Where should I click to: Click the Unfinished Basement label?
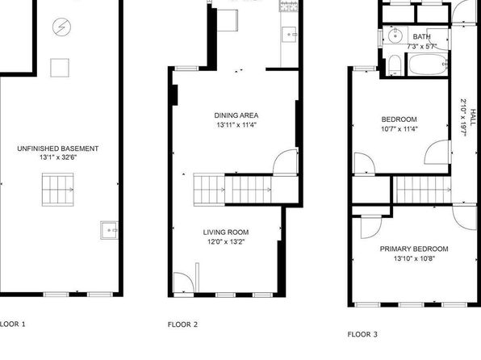[57, 149]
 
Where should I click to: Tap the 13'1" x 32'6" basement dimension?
[57, 157]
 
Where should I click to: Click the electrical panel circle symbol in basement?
[61, 27]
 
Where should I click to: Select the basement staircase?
[57, 190]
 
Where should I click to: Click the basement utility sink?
[109, 230]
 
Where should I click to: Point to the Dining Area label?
[236, 115]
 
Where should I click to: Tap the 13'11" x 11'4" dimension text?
[236, 125]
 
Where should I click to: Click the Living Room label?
[226, 232]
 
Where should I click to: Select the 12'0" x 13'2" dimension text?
[226, 242]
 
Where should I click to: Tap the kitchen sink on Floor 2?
[289, 35]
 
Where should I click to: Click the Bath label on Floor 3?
[422, 37]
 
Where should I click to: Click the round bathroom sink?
[395, 36]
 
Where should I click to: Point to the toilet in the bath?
[395, 65]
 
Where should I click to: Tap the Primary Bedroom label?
[414, 249]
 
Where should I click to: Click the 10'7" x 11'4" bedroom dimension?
[399, 129]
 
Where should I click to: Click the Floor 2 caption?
[182, 324]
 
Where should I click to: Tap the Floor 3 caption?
[362, 334]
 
